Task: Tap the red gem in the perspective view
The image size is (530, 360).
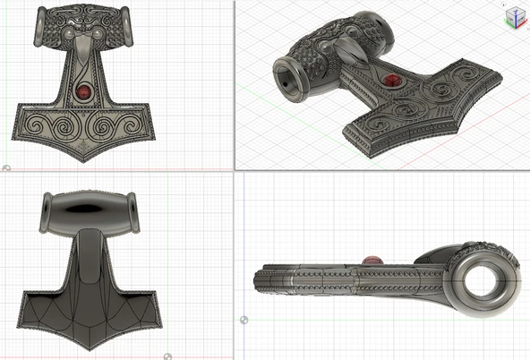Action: [391, 83]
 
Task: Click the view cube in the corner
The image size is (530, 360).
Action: [514, 16]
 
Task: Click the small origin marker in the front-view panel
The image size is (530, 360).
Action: [5, 167]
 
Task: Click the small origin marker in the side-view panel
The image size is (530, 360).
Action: [244, 319]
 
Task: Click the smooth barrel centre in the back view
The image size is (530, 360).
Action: [87, 211]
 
